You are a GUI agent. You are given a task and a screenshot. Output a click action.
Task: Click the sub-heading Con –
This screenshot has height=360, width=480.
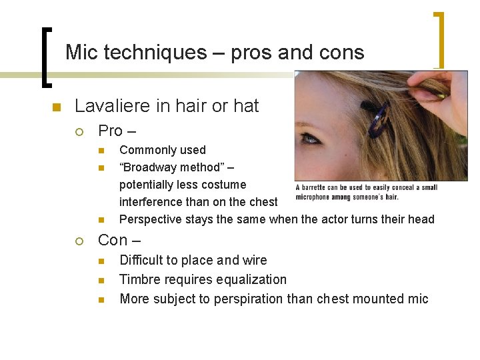point(122,239)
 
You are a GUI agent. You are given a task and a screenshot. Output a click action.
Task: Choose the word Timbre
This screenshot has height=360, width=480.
point(139,279)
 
